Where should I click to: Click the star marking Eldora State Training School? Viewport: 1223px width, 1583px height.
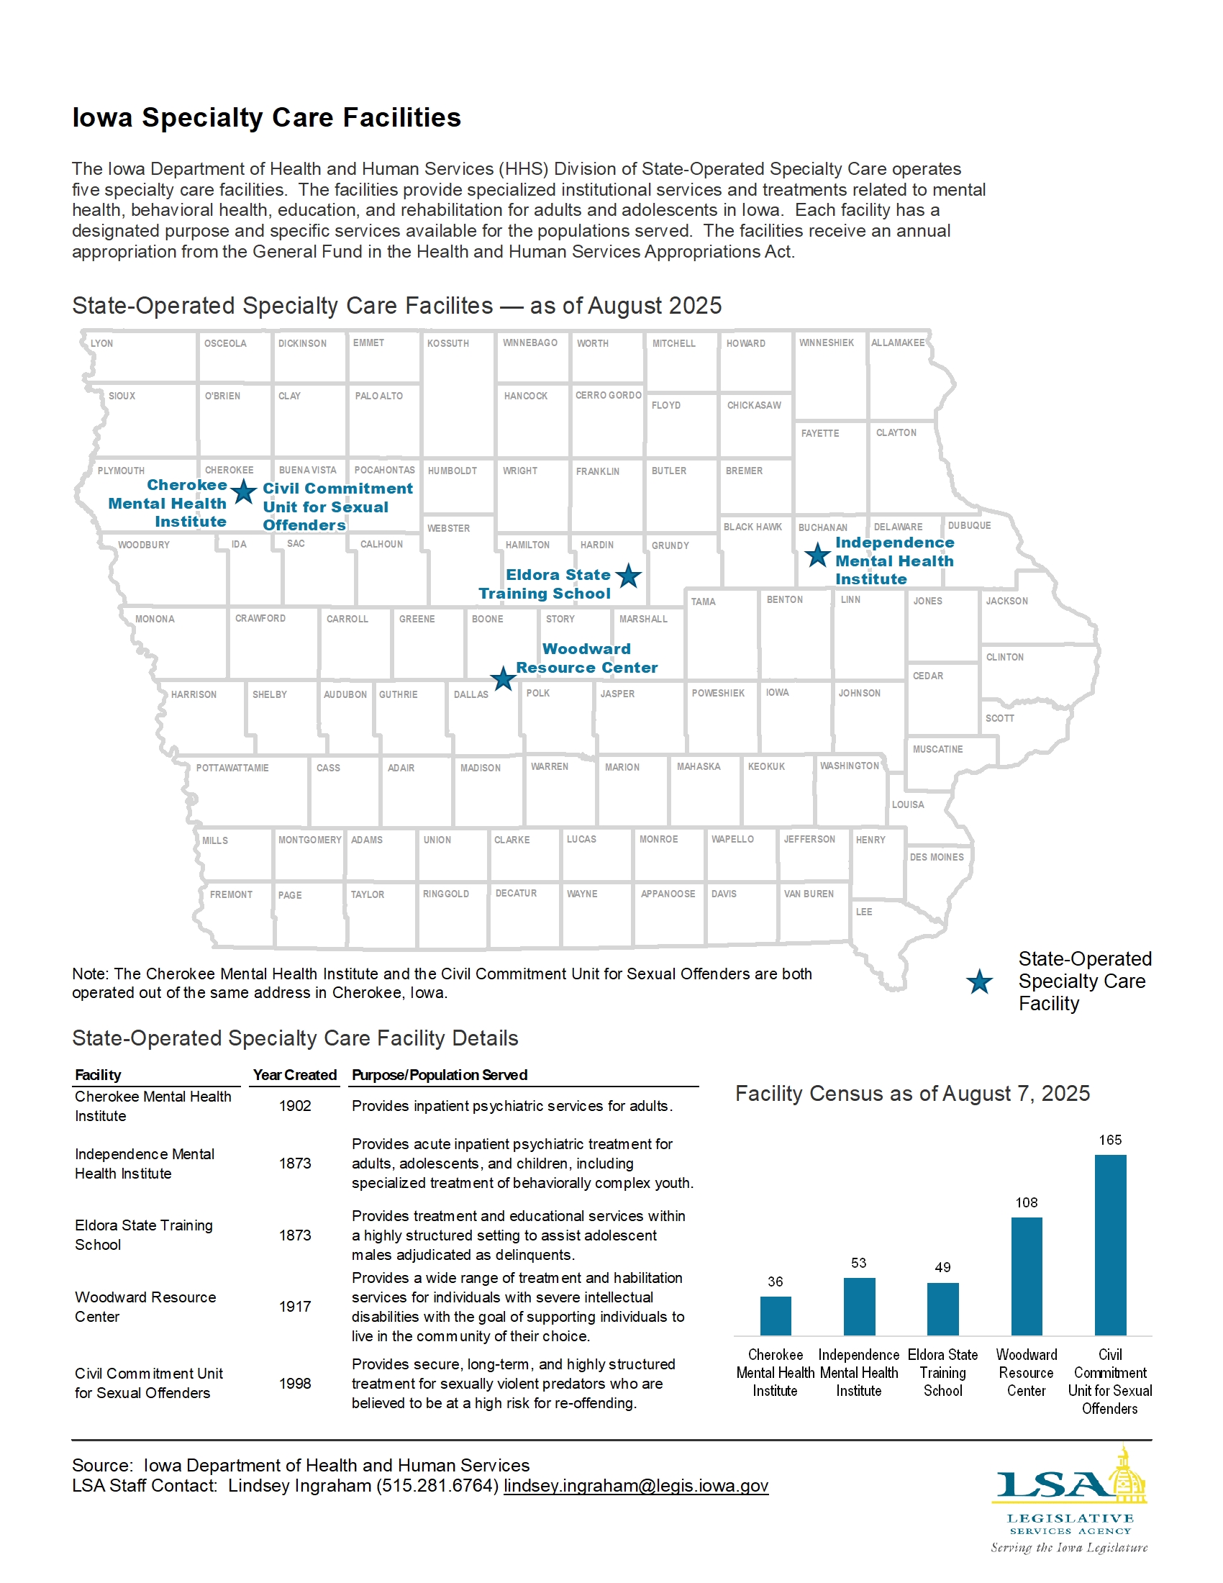pyautogui.click(x=628, y=576)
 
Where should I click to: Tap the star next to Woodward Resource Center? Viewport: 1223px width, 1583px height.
pyautogui.click(x=503, y=679)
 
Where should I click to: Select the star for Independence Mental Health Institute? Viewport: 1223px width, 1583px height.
pyautogui.click(x=817, y=555)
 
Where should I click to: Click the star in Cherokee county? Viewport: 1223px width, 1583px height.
pyautogui.click(x=243, y=491)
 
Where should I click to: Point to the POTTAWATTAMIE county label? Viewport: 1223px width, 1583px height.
pyautogui.click(x=232, y=768)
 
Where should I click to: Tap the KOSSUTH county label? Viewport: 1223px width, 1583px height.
pyautogui.click(x=447, y=343)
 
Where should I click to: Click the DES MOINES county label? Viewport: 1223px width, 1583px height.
pyautogui.click(x=936, y=857)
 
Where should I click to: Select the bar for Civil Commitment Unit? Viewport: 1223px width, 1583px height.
pyautogui.click(x=1110, y=1244)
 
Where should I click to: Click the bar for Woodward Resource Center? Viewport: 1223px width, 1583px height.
pyautogui.click(x=1026, y=1276)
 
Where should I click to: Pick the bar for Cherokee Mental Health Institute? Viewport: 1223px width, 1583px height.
pyautogui.click(x=776, y=1315)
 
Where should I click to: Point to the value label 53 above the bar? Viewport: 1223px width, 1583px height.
pyautogui.click(x=858, y=1263)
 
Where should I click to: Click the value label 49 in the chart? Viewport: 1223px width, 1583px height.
pyautogui.click(x=942, y=1267)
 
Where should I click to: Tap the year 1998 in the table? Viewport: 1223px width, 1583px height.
pyautogui.click(x=295, y=1383)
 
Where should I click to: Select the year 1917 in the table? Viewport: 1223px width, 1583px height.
pyautogui.click(x=295, y=1306)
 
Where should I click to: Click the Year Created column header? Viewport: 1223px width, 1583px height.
pyautogui.click(x=295, y=1074)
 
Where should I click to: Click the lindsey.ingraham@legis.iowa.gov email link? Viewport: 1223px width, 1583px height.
pyautogui.click(x=635, y=1485)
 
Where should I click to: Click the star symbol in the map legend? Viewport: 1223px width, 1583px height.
pyautogui.click(x=979, y=982)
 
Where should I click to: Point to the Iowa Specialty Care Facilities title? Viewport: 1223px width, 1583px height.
pyautogui.click(x=266, y=117)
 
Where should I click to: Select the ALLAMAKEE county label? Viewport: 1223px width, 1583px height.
pyautogui.click(x=897, y=343)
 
